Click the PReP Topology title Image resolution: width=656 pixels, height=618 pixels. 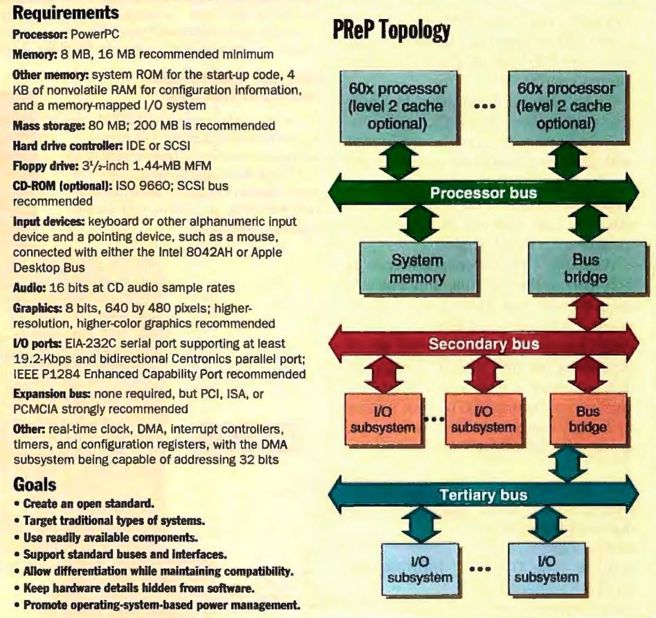click(x=391, y=30)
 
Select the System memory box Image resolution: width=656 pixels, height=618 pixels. click(x=418, y=268)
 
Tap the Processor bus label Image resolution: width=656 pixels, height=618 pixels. click(x=483, y=193)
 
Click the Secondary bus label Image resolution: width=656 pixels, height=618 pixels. click(x=484, y=344)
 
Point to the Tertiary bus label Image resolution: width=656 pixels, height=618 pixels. click(x=483, y=494)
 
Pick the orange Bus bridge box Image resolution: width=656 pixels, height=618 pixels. click(x=588, y=419)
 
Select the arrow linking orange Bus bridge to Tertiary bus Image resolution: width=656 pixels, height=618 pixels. click(x=567, y=463)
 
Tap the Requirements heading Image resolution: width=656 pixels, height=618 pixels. click(x=66, y=13)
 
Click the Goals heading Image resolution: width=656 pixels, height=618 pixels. click(x=35, y=484)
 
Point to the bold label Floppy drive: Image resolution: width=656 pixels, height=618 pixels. click(x=46, y=166)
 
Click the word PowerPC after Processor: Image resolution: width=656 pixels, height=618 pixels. click(x=95, y=34)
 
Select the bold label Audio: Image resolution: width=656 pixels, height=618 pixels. click(x=29, y=288)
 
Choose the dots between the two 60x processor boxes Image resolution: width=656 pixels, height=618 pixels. click(x=484, y=107)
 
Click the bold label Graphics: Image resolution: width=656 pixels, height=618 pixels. click(x=37, y=308)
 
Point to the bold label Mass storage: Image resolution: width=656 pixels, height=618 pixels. click(x=49, y=126)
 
